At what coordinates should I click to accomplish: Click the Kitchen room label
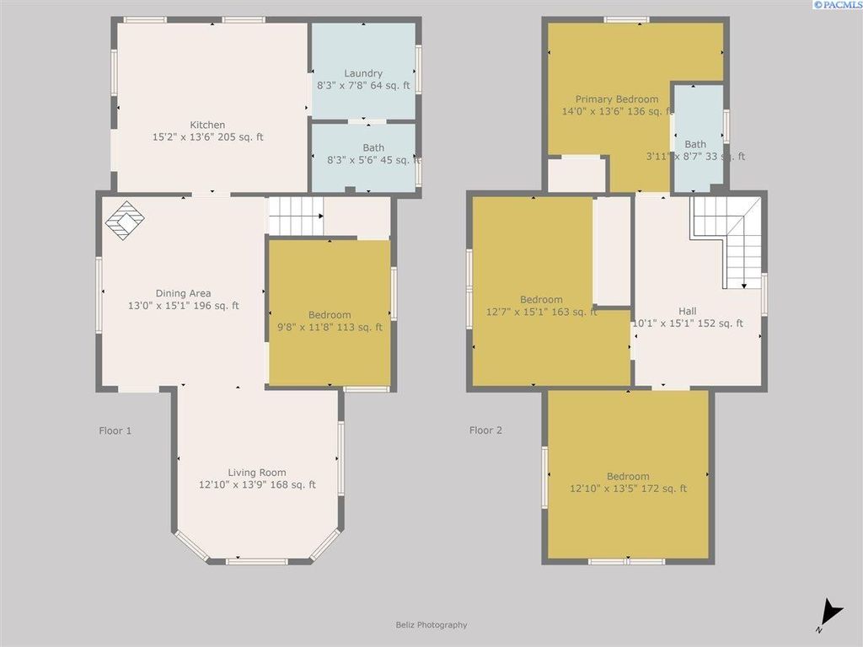(207, 125)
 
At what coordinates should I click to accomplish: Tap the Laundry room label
(363, 73)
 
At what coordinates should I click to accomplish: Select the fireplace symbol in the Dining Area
(125, 221)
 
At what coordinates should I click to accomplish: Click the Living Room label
(257, 473)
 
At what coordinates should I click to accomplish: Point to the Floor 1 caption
(115, 430)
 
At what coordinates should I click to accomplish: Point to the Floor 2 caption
(485, 430)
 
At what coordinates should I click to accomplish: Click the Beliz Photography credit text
(431, 625)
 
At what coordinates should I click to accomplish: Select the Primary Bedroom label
(617, 99)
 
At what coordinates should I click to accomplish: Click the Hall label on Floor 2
(688, 311)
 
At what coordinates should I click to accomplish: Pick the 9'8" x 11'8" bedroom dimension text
(330, 327)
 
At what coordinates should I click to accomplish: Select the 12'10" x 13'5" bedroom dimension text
(628, 489)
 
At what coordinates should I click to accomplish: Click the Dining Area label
(183, 293)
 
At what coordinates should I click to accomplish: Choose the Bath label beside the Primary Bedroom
(695, 144)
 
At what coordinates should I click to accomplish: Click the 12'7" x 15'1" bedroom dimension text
(541, 312)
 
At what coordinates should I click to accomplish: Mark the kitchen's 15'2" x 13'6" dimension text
(207, 136)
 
